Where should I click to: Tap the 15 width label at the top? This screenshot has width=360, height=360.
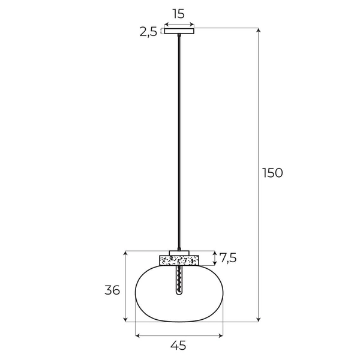pyautogui.click(x=178, y=13)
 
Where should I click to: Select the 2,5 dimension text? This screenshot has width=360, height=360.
pyautogui.click(x=148, y=32)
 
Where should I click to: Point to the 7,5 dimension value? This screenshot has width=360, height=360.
pyautogui.click(x=228, y=258)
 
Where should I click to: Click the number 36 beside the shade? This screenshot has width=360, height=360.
pyautogui.click(x=112, y=290)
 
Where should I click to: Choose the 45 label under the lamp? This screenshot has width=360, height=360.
pyautogui.click(x=178, y=345)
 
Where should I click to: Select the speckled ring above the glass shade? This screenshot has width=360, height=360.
pyautogui.click(x=179, y=260)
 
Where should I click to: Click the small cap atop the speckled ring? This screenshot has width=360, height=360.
pyautogui.click(x=179, y=252)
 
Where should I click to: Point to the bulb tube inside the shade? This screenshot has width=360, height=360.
pyautogui.click(x=179, y=280)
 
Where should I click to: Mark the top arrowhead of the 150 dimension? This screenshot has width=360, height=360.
pyautogui.click(x=259, y=30)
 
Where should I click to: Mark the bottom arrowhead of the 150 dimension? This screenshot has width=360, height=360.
pyautogui.click(x=259, y=320)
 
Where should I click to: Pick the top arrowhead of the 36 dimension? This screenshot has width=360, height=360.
pyautogui.click(x=125, y=253)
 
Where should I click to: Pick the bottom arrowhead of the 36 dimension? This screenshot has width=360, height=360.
pyautogui.click(x=125, y=320)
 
